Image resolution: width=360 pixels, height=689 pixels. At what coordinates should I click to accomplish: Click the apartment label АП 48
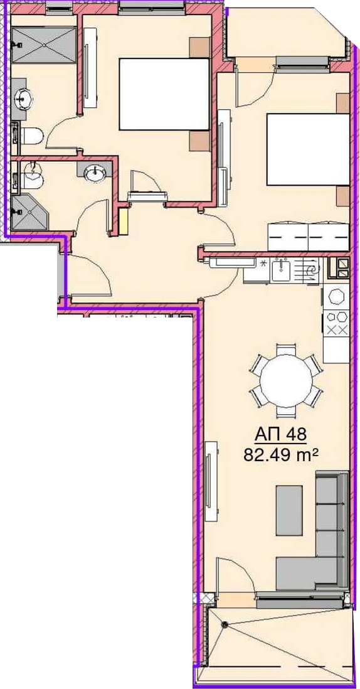point(280,435)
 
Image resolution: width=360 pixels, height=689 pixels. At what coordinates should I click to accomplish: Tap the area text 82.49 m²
point(280,455)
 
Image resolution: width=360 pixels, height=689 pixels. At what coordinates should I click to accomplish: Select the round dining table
point(286,380)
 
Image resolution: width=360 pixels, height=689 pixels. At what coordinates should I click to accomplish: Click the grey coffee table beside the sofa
point(289,510)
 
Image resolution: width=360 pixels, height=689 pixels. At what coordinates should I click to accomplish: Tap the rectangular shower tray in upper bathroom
point(44,45)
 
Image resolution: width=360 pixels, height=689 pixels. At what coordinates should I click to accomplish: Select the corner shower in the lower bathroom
point(29,212)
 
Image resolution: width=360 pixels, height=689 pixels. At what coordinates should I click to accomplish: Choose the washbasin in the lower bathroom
point(96,173)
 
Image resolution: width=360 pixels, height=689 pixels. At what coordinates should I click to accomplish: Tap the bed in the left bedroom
point(164,94)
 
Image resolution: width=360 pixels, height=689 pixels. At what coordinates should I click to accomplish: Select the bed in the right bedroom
point(308,149)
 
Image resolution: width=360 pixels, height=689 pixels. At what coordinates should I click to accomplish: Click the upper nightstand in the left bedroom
point(199,47)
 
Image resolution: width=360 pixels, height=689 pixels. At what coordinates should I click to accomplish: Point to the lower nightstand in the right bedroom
point(343,196)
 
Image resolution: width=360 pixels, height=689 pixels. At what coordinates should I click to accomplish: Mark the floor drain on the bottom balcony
point(225,624)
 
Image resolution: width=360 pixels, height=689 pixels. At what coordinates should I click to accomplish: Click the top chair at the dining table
point(286,350)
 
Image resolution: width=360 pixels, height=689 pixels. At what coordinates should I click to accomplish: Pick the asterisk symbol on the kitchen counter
point(264,264)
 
